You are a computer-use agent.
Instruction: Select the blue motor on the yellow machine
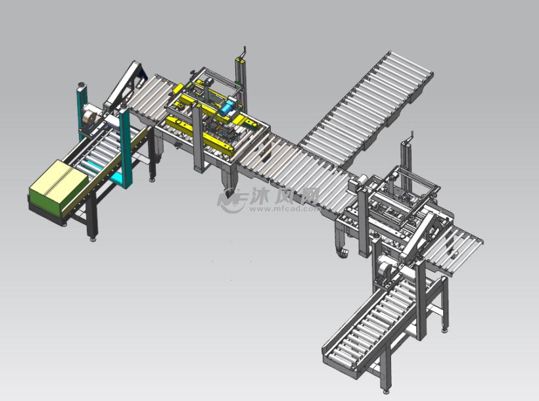click(x=227, y=108)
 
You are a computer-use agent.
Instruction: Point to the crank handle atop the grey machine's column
click(x=410, y=137)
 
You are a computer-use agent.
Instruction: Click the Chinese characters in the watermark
click(x=284, y=196)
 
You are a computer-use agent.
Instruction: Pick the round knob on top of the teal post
click(x=82, y=85)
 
